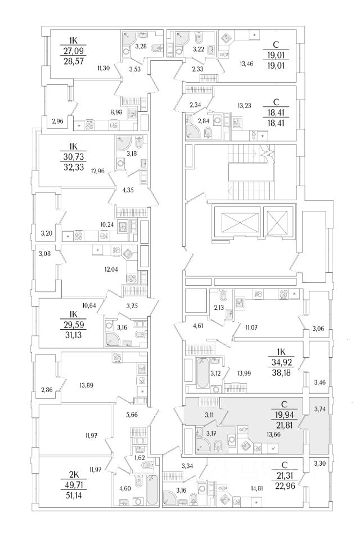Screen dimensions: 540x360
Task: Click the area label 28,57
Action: click(x=74, y=59)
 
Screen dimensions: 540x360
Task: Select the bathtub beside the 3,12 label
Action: click(x=202, y=373)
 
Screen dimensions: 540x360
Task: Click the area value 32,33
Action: click(x=74, y=167)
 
